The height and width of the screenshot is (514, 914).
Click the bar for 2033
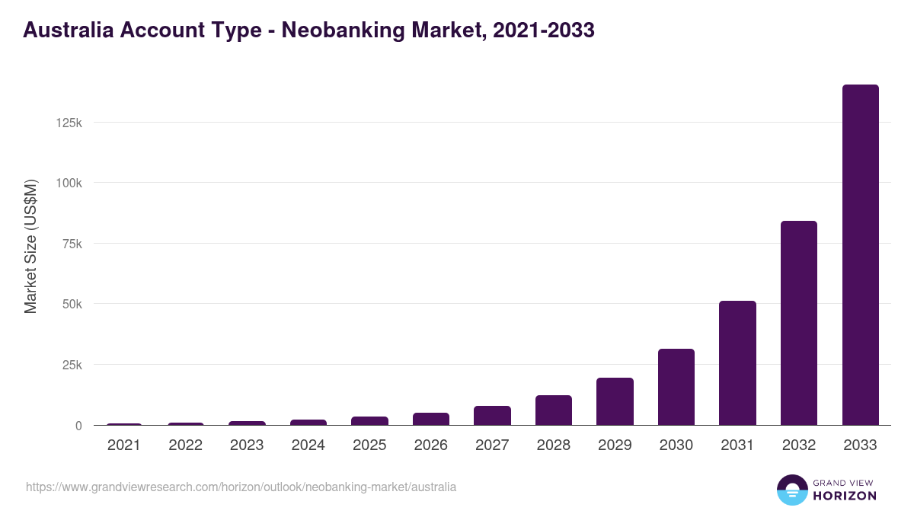click(x=860, y=255)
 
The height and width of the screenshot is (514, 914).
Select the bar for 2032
click(x=798, y=323)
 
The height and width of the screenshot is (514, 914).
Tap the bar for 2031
click(x=737, y=363)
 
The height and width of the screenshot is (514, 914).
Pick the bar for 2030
click(x=676, y=387)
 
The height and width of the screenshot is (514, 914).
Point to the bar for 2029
click(x=615, y=401)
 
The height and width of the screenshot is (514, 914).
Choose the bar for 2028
click(x=553, y=410)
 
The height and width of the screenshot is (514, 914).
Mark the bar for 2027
click(x=492, y=416)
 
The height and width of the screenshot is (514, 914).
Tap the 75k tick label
click(x=72, y=244)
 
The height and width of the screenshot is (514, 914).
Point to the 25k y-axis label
click(x=72, y=365)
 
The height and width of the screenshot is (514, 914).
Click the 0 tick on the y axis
click(x=78, y=426)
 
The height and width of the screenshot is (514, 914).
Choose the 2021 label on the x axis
click(x=124, y=445)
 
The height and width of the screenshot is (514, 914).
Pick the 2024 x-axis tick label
click(x=308, y=445)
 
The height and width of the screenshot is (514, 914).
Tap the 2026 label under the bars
click(x=430, y=445)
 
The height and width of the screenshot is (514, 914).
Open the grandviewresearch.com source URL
click(x=241, y=487)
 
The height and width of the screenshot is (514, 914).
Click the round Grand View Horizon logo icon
click(x=792, y=490)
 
